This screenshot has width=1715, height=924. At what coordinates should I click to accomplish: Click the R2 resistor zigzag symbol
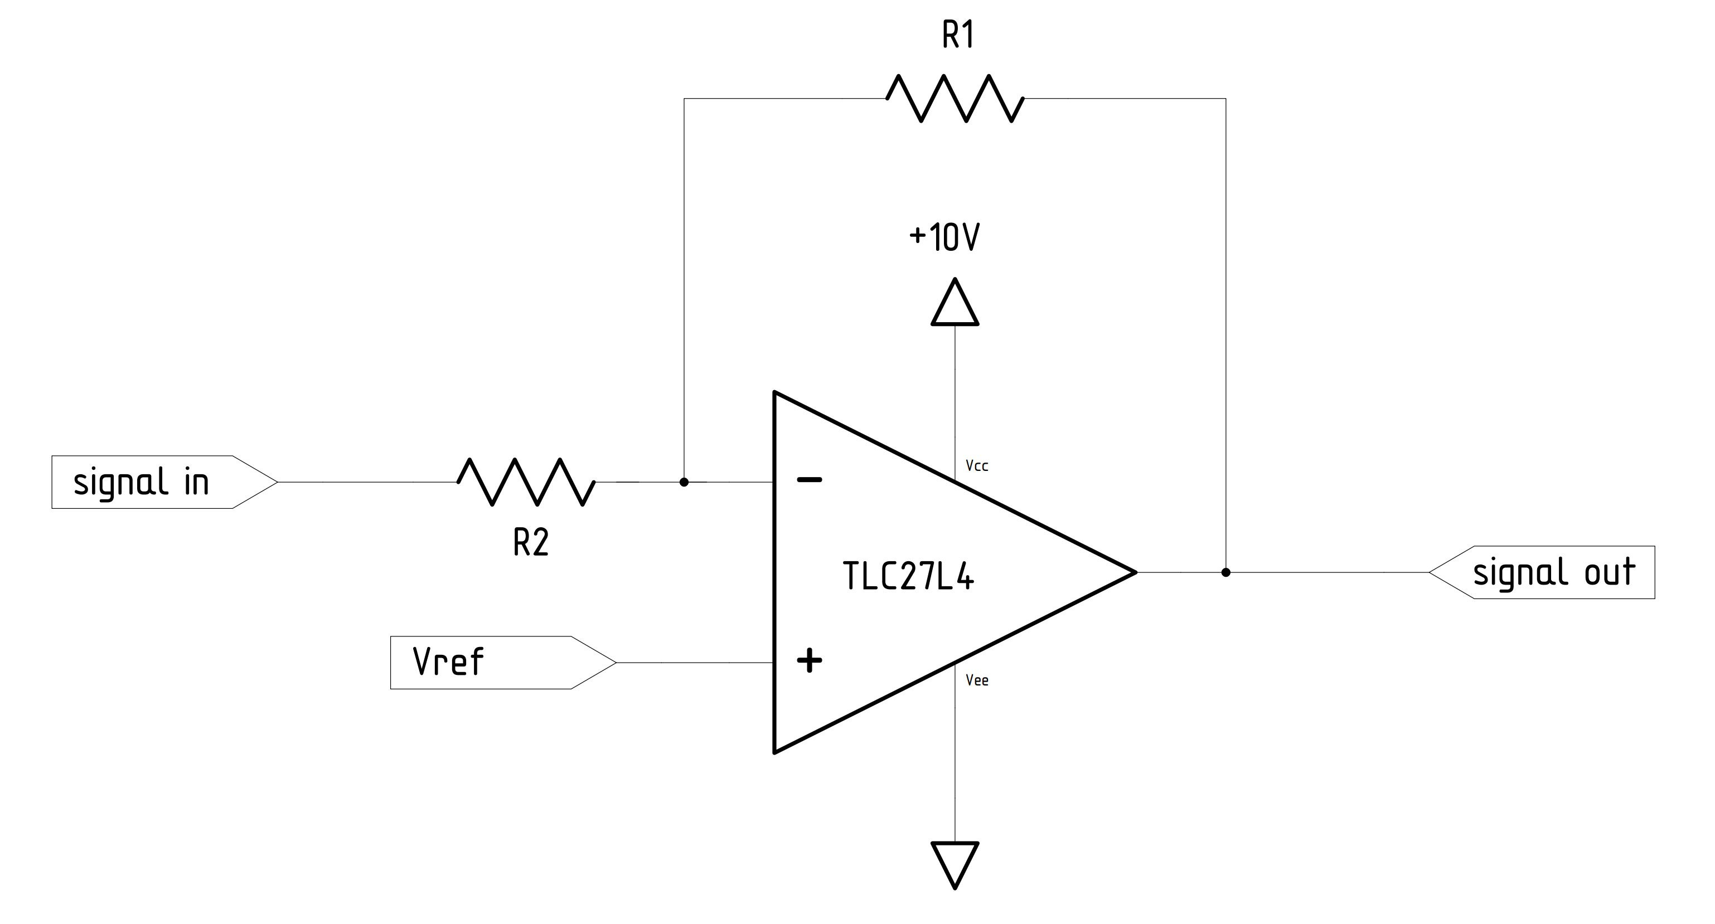coord(526,482)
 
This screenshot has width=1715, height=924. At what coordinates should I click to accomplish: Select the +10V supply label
coord(944,237)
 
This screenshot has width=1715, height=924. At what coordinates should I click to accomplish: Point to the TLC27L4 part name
coord(908,576)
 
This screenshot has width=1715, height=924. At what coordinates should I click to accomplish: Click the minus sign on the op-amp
coord(810,479)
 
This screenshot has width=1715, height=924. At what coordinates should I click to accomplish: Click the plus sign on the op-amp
coord(810,661)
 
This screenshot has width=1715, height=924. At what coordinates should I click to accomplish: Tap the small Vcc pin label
coord(977,466)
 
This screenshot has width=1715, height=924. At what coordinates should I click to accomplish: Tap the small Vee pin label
coord(977,680)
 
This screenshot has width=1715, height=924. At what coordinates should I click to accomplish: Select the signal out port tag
coord(1544,572)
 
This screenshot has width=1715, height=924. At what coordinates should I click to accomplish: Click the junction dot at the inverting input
coord(684,482)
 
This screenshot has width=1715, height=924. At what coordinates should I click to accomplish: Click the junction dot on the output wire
coord(1225,572)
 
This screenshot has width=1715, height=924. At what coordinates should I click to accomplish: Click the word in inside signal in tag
coord(196,483)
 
